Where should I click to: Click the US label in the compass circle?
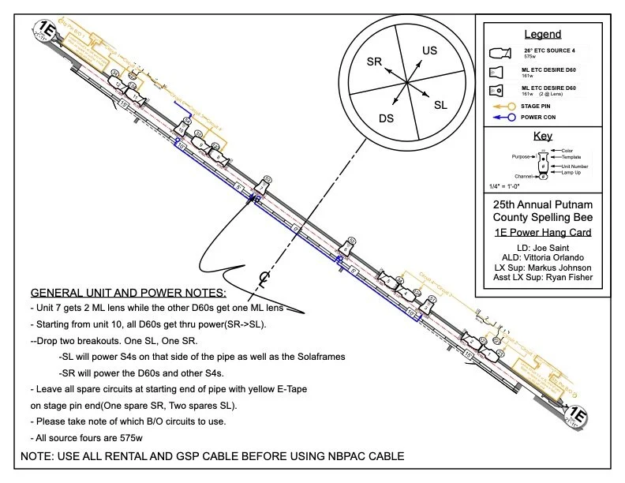429,51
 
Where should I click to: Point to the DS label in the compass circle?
386,118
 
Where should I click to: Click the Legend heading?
543,34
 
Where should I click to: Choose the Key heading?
543,136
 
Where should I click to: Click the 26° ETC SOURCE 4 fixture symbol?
500,54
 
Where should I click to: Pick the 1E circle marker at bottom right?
578,415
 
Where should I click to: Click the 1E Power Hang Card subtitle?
543,232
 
